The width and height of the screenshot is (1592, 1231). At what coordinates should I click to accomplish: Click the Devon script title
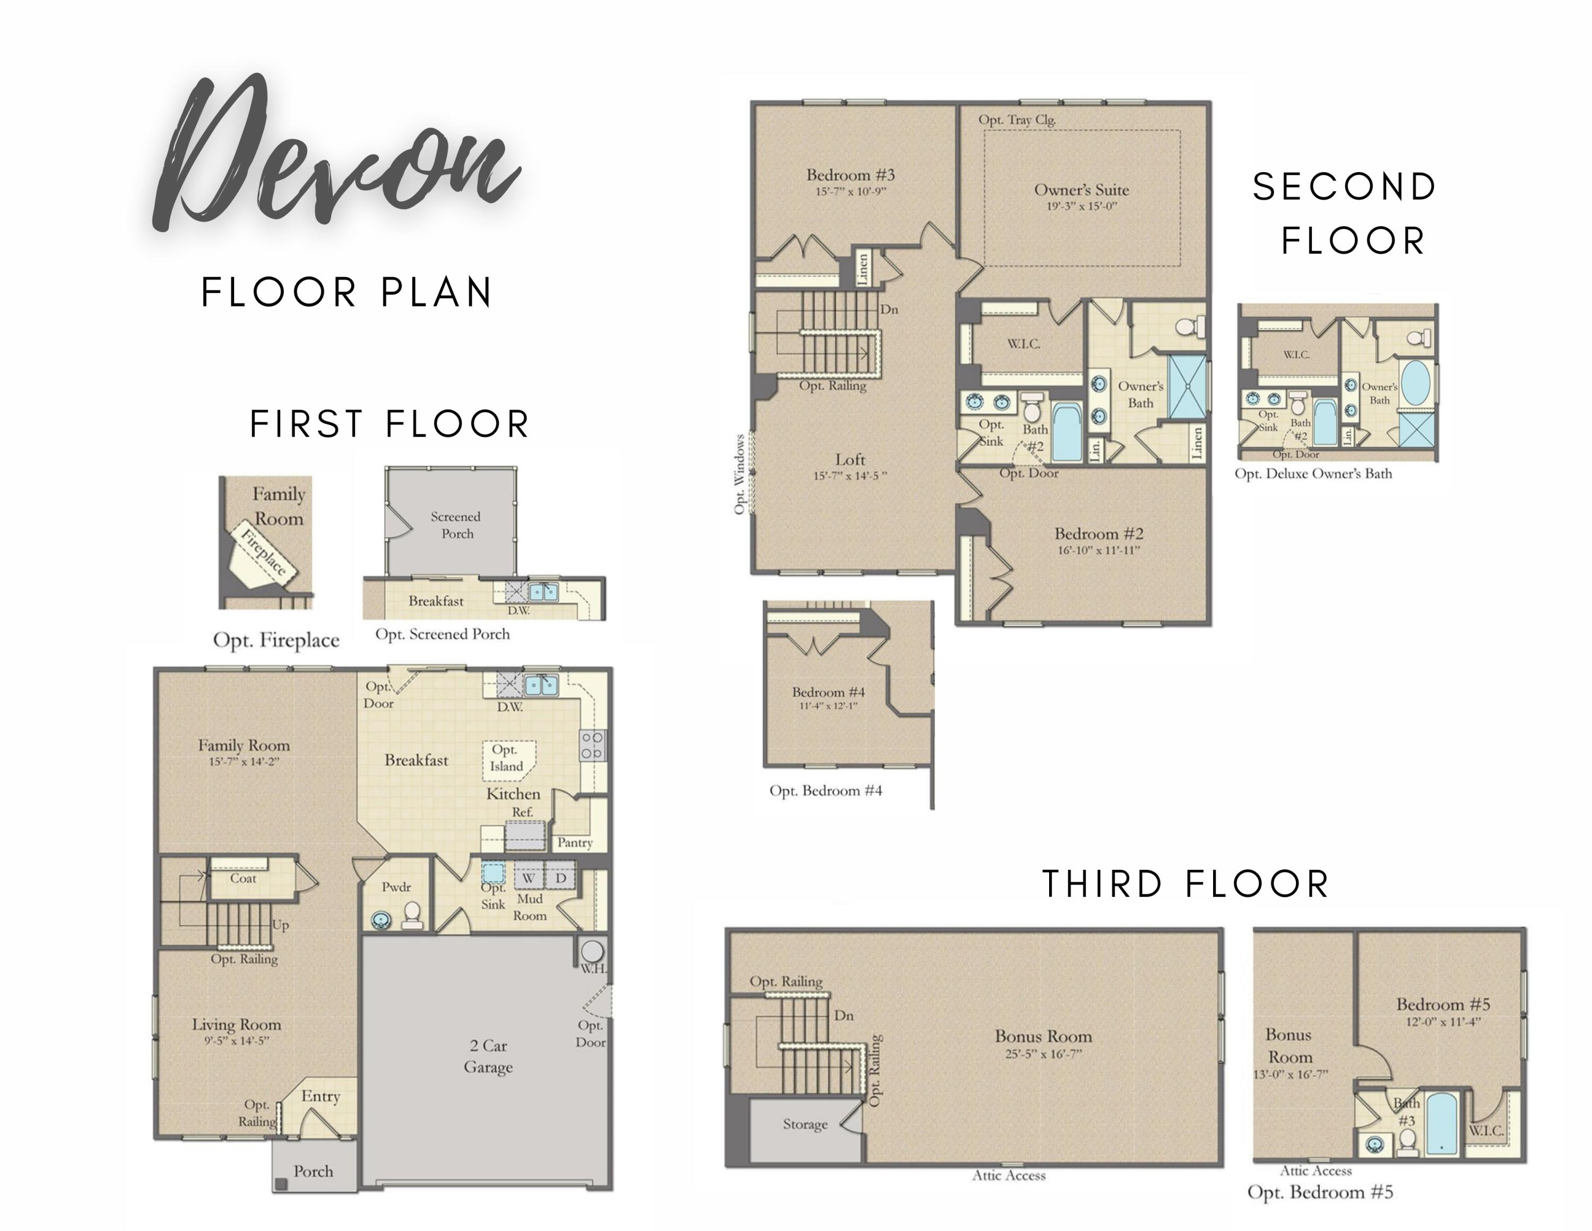337,153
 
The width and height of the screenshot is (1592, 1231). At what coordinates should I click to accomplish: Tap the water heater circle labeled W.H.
592,951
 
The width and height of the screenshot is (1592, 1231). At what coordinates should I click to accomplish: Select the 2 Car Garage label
488,1056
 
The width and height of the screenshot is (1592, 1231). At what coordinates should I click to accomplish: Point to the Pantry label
574,842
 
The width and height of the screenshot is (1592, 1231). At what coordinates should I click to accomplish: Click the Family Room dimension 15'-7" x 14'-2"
244,762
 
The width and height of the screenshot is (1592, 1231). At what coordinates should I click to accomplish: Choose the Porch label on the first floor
314,1171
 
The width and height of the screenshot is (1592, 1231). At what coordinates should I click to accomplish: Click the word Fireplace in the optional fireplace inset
264,553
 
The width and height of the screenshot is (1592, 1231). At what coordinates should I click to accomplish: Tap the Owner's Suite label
1081,190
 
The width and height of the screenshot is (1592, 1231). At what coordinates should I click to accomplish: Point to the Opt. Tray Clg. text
1017,119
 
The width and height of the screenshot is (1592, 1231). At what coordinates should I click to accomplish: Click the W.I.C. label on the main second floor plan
1024,344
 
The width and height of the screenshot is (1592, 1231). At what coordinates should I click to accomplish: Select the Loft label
850,459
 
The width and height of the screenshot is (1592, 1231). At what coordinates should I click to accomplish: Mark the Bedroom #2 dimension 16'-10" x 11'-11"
1098,551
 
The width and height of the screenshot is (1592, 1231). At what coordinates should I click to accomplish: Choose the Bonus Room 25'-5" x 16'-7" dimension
1044,1054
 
